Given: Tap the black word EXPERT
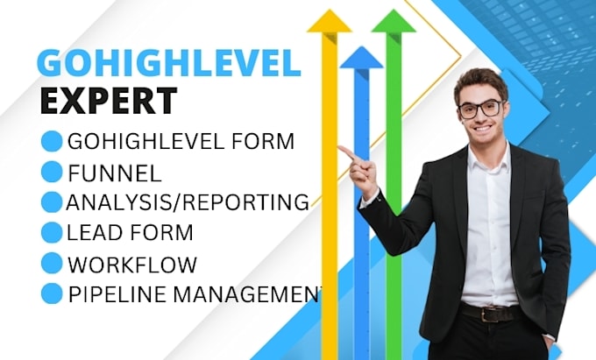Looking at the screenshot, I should pyautogui.click(x=108, y=101).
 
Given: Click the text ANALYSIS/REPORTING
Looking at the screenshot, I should pyautogui.click(x=188, y=202).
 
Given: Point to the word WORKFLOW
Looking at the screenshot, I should pyautogui.click(x=131, y=264).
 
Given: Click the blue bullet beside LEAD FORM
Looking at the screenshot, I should pyautogui.click(x=53, y=233).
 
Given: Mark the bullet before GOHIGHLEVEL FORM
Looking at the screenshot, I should pyautogui.click(x=53, y=140).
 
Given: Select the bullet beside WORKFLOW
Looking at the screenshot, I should pyautogui.click(x=53, y=263).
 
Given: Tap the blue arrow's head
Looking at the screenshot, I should pyautogui.click(x=361, y=56).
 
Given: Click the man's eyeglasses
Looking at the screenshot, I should pyautogui.click(x=480, y=109).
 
